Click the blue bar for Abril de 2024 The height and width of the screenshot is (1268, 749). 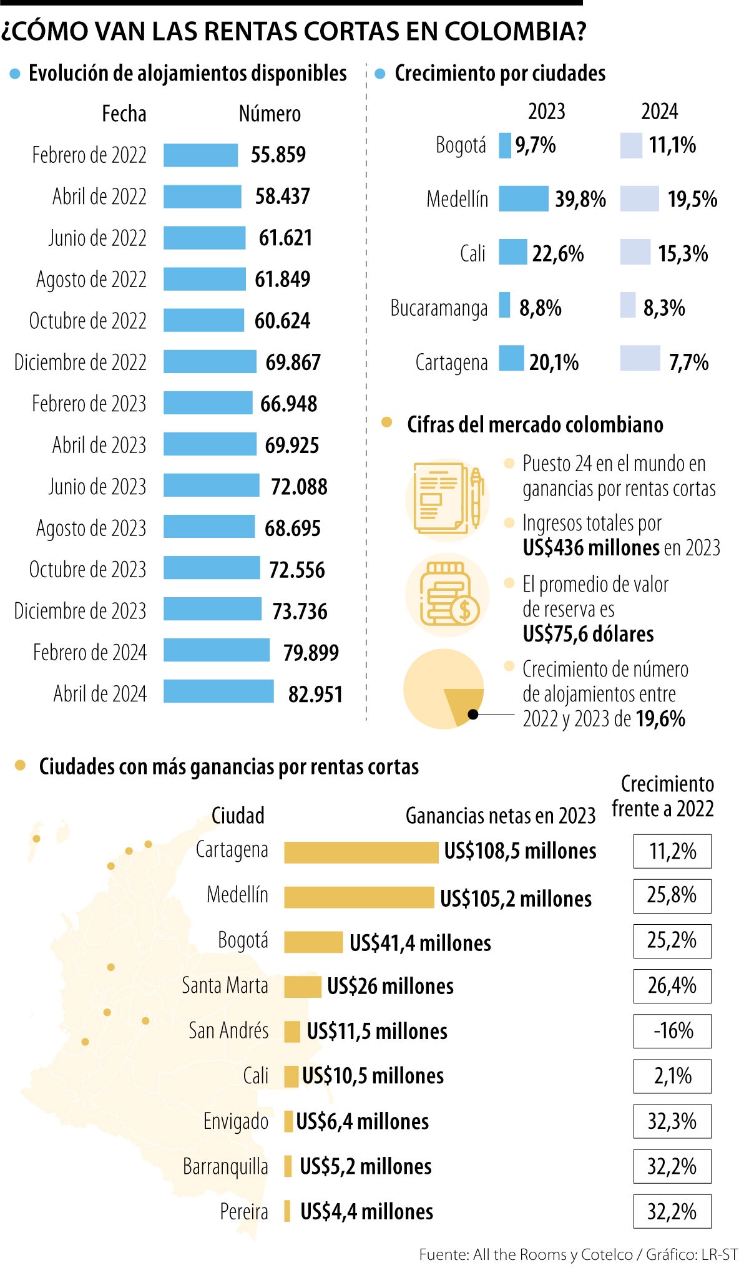click(x=218, y=691)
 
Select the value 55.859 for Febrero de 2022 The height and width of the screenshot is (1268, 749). click(x=278, y=155)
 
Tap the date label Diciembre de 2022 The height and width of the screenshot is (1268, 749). click(x=80, y=362)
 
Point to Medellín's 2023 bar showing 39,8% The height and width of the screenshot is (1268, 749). click(x=523, y=198)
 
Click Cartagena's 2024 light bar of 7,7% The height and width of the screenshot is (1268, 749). click(x=640, y=358)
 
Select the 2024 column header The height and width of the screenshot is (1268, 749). click(x=659, y=112)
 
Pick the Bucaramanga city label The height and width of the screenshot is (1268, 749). click(x=439, y=308)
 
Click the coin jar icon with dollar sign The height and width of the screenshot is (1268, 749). click(x=448, y=595)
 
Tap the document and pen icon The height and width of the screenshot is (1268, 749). click(x=448, y=499)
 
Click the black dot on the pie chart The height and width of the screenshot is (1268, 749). click(x=473, y=714)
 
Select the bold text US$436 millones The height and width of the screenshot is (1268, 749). click(x=590, y=548)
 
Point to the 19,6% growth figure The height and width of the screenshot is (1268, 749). click(x=661, y=719)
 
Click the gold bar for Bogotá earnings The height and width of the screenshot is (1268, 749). click(x=313, y=942)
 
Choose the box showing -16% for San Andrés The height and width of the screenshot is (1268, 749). click(x=672, y=1031)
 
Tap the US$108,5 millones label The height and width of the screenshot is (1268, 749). click(x=520, y=851)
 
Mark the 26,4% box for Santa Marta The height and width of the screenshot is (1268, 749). click(x=672, y=986)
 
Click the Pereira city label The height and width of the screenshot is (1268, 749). click(x=244, y=1211)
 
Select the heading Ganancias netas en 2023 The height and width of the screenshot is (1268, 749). click(x=501, y=816)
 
